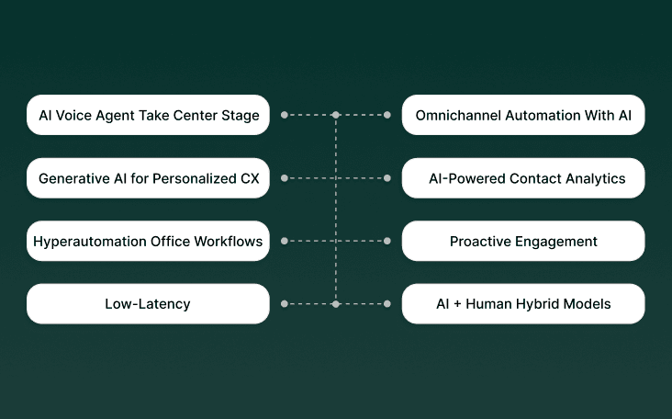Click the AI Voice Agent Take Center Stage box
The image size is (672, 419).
(x=148, y=116)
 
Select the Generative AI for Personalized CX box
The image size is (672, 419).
(x=148, y=178)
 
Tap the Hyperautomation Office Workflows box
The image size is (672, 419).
(x=148, y=241)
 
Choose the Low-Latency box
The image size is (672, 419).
(x=148, y=303)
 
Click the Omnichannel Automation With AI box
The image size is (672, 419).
(x=523, y=116)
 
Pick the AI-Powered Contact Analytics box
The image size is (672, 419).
(x=523, y=178)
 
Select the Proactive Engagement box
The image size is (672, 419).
(x=523, y=241)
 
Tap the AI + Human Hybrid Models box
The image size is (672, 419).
(x=523, y=303)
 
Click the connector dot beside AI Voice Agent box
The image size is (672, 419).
(x=285, y=115)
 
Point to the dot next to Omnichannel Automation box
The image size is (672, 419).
(x=387, y=115)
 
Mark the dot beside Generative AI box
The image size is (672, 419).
(x=285, y=177)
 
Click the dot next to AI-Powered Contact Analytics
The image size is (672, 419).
(x=387, y=177)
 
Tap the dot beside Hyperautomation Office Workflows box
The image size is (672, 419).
(x=285, y=241)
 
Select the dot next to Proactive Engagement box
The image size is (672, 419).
(x=387, y=241)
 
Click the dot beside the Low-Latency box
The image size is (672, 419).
(x=285, y=303)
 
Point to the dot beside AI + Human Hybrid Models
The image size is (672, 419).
(x=387, y=303)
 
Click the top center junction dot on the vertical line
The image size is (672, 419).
(x=336, y=115)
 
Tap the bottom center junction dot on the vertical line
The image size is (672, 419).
(x=336, y=303)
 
